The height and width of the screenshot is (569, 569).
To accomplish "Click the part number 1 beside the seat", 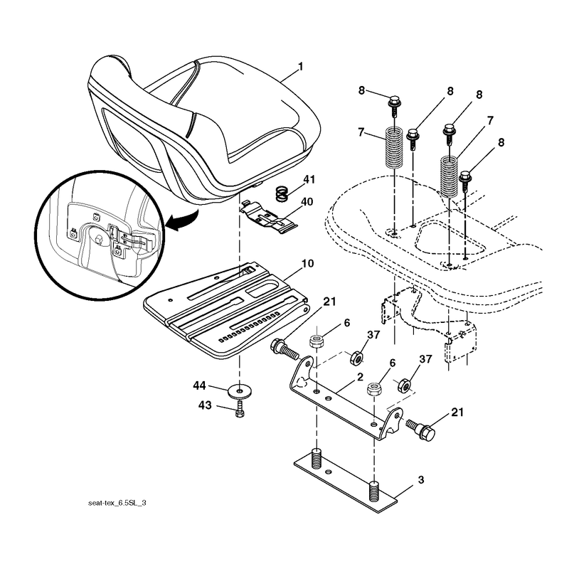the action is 300,67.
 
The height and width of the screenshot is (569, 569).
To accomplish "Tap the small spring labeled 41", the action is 282,193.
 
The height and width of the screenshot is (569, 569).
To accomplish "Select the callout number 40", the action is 307,201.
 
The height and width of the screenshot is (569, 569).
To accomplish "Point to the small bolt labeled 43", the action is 240,408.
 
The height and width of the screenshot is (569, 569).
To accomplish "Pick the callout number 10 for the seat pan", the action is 307,263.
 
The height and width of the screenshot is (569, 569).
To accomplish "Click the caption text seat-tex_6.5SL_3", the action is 117,503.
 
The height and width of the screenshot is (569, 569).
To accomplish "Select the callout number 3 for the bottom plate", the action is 420,479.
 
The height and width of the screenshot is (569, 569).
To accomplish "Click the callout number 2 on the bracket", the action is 360,377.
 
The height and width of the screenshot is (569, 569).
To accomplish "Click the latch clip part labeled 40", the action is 269,218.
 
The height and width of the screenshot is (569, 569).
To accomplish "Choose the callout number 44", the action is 200,385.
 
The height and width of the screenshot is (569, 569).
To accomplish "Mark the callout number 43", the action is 205,405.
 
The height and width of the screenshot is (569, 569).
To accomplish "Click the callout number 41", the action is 309,180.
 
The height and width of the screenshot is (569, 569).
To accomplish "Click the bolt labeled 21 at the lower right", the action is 420,430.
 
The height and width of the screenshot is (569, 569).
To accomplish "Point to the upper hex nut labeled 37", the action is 356,358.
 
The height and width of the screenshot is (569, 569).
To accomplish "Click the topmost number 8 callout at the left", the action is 361,90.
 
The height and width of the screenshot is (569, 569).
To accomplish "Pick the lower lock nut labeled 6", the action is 374,389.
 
